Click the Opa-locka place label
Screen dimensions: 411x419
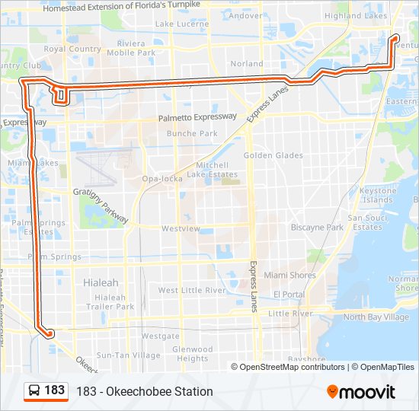tap(160, 180)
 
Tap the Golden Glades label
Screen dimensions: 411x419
tap(273, 156)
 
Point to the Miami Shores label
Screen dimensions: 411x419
tap(289, 276)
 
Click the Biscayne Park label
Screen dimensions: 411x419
tap(317, 228)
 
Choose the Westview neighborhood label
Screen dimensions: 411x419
tap(181, 228)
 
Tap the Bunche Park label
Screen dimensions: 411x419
tap(192, 134)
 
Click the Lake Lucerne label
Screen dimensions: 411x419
tap(182, 24)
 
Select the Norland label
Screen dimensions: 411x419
tap(247, 64)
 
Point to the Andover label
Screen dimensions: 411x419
tap(245, 15)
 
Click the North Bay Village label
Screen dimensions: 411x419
tap(376, 317)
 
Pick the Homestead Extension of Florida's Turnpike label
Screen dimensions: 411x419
tap(126, 8)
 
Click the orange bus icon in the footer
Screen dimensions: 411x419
tap(34, 391)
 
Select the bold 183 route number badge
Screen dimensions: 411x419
tap(55, 390)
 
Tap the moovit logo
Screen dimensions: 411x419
tap(361, 392)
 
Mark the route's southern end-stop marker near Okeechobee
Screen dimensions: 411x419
tap(50, 333)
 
